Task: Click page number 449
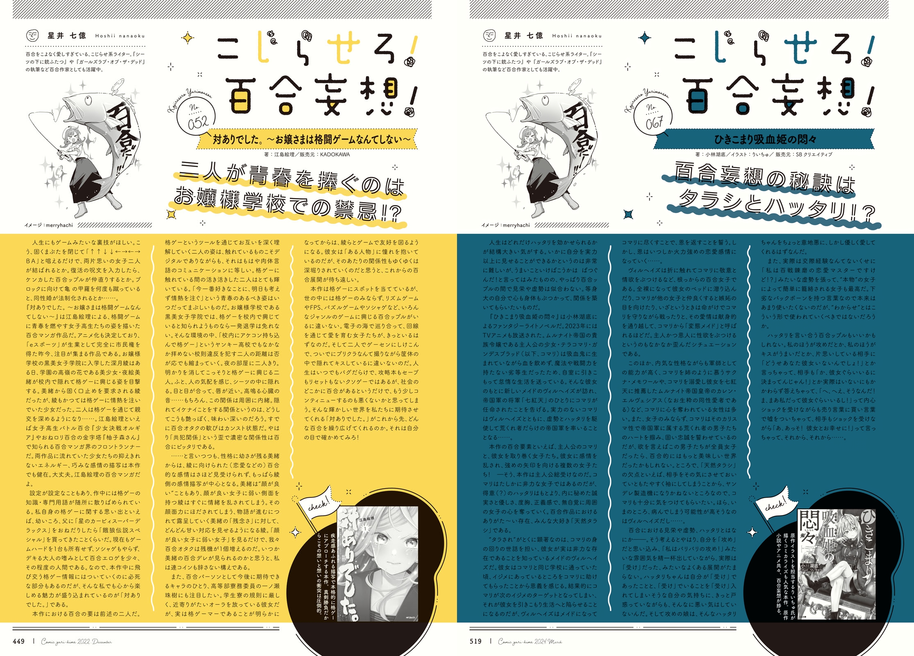[x=19, y=641]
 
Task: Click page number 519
[x=476, y=641]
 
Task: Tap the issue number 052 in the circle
[x=198, y=122]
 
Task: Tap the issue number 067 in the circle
[x=655, y=122]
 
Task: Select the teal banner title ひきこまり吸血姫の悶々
[x=766, y=139]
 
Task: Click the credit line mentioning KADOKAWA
[x=307, y=155]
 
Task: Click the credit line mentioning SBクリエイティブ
[x=764, y=155]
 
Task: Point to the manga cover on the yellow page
[x=377, y=564]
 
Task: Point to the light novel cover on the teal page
[x=836, y=564]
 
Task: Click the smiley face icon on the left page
[x=32, y=36]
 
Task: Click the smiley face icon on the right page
[x=489, y=36]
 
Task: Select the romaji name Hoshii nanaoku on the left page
[x=120, y=36]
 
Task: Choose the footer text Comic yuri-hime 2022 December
[x=76, y=642]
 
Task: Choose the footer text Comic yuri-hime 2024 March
[x=530, y=642]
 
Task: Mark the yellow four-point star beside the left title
[x=188, y=38]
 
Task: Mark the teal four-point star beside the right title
[x=645, y=38]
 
